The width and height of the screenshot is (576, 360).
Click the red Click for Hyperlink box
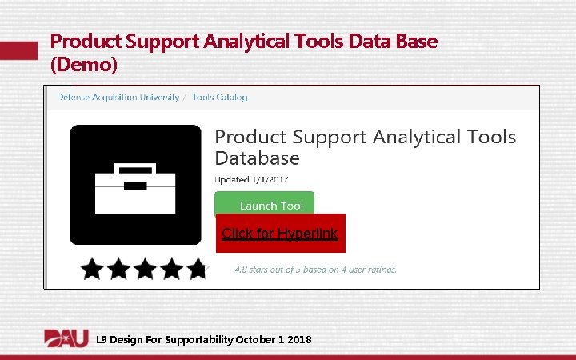point(280,234)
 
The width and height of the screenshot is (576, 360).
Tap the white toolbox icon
point(136,186)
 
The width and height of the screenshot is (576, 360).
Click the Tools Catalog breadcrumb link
point(219,98)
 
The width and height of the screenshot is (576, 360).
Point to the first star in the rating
point(92,269)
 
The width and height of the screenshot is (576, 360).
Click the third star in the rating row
point(145,269)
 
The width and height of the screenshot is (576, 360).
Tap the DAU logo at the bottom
point(66,338)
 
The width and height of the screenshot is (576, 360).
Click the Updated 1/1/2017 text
point(252,178)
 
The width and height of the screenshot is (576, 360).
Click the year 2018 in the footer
point(299,340)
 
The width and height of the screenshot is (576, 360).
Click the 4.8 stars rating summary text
point(315,270)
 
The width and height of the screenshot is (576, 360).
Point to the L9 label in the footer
point(101,340)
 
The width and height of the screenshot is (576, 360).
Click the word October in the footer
point(255,340)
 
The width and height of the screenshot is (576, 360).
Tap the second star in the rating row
point(118,269)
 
